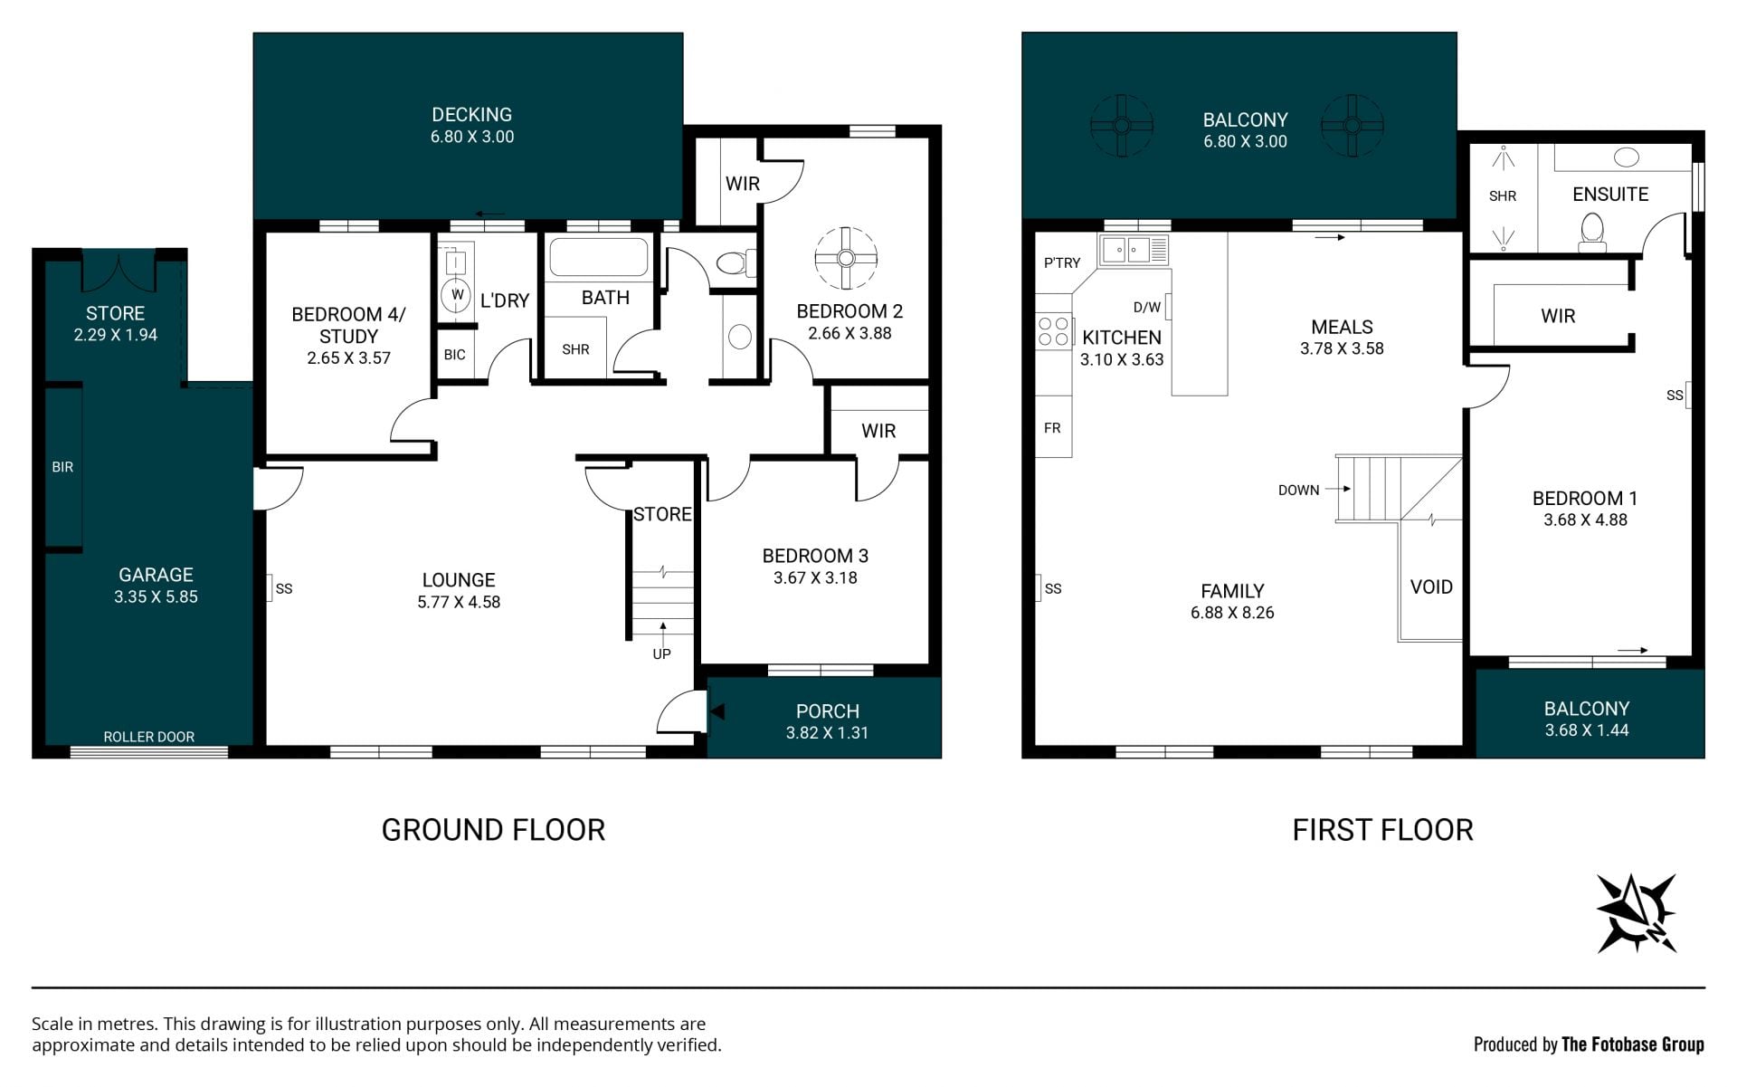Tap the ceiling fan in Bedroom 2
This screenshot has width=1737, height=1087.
[846, 258]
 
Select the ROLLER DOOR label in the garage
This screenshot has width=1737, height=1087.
[149, 737]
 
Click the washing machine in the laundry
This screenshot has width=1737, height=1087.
[458, 295]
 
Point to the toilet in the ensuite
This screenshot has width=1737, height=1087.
[1591, 233]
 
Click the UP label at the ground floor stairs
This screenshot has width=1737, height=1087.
[662, 653]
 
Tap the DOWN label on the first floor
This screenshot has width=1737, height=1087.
[1298, 491]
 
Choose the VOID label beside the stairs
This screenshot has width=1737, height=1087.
[1431, 586]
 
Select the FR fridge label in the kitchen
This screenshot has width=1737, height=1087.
[1052, 428]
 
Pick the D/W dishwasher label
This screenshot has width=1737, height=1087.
[1146, 308]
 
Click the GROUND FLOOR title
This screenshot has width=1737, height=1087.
[493, 830]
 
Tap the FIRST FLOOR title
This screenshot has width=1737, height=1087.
[1382, 830]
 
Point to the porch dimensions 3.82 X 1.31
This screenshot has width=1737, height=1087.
[827, 733]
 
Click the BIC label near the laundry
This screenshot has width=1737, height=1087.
[454, 355]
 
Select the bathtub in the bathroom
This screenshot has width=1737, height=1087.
[598, 257]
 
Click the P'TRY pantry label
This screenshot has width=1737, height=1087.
[1062, 263]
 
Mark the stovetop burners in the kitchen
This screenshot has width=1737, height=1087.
[1053, 331]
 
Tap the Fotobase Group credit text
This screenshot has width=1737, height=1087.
[1589, 1044]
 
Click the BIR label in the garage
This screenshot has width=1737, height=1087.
[62, 467]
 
